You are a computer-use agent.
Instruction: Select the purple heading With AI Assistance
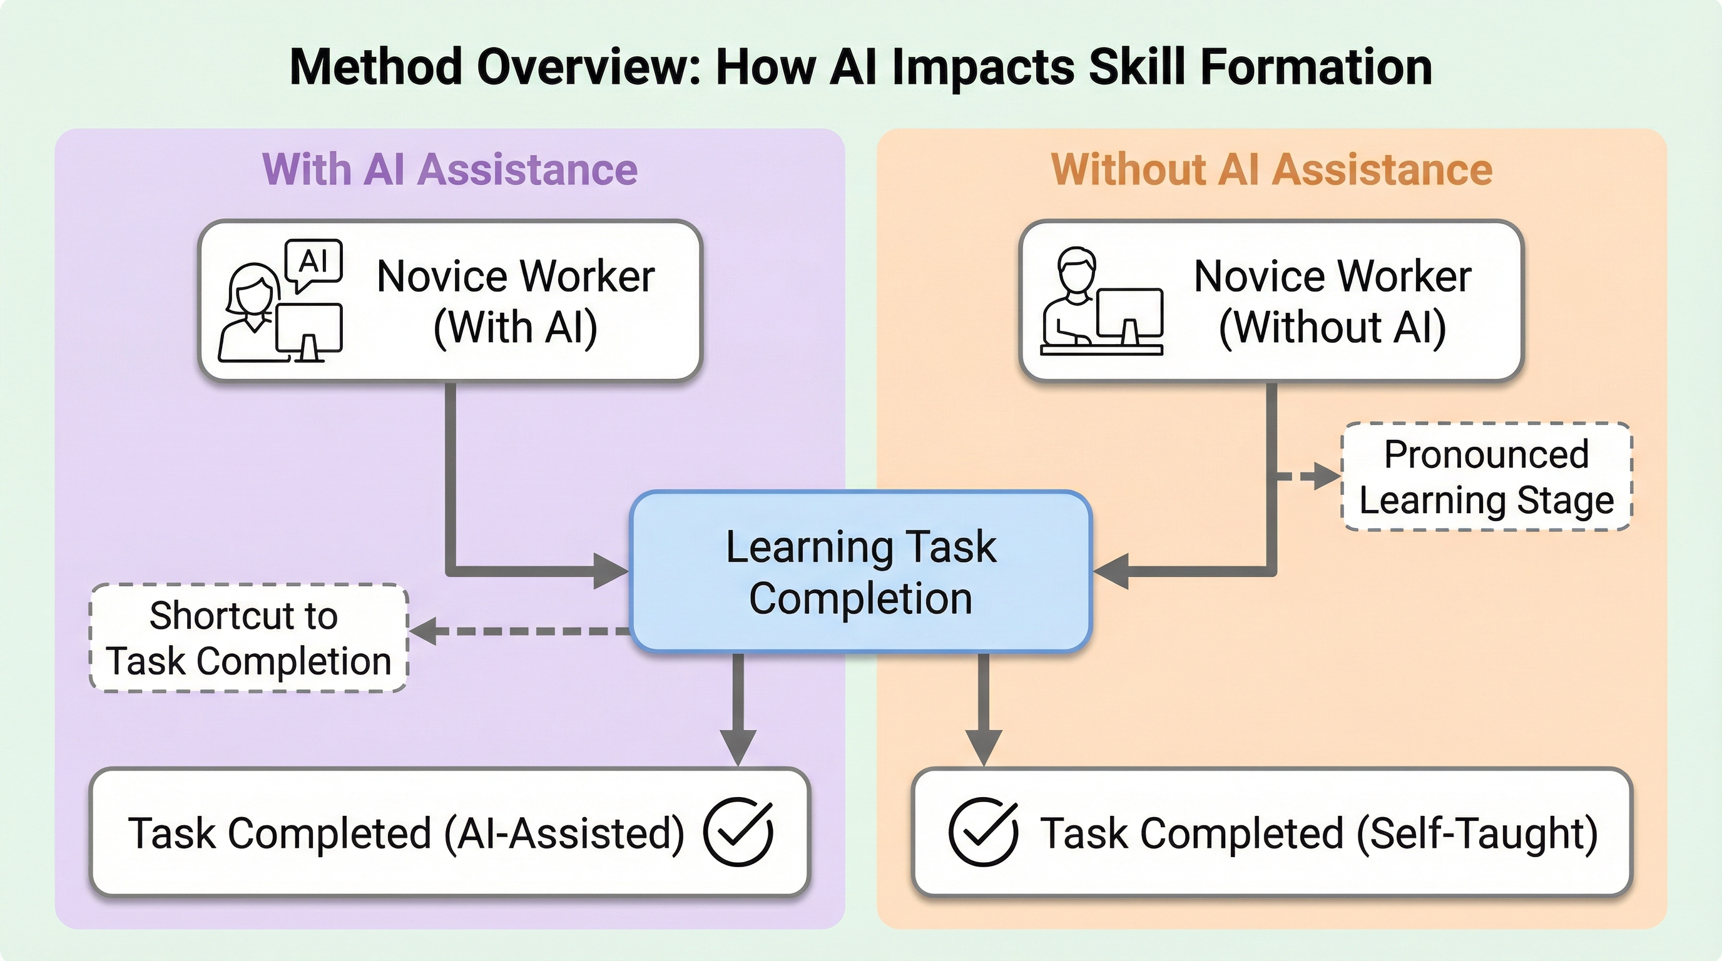(x=449, y=169)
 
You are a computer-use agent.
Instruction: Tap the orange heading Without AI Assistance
(x=1271, y=169)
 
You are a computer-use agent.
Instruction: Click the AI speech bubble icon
(x=313, y=263)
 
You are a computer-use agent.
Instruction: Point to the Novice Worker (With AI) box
(x=450, y=301)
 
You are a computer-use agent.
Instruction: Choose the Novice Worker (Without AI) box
(x=1271, y=301)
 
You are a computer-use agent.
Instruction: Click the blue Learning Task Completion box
(x=861, y=571)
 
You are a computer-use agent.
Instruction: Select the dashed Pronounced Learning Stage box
(x=1486, y=477)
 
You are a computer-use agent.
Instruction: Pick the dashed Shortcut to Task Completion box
(x=248, y=638)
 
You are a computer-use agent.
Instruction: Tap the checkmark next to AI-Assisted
(x=738, y=832)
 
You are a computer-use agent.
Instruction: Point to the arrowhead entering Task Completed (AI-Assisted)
(x=738, y=746)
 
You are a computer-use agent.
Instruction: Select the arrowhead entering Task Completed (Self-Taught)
(x=984, y=746)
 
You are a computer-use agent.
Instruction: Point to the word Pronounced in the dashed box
(x=1486, y=454)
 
